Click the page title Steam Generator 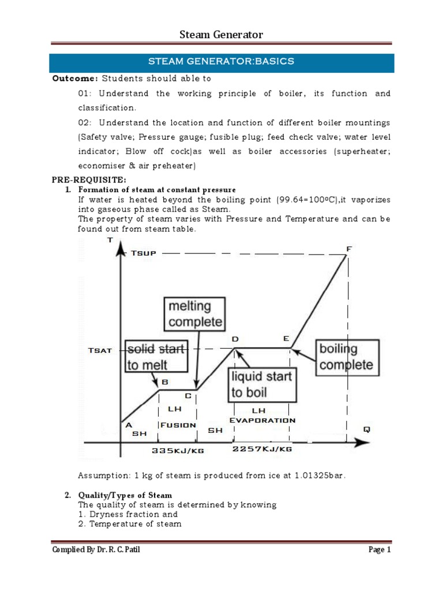(221, 35)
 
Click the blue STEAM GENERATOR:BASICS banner (221, 62)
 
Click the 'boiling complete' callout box (346, 357)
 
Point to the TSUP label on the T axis (144, 253)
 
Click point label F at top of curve (348, 248)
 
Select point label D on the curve (235, 339)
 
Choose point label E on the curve (286, 339)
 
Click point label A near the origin (129, 424)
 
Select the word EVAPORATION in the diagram (262, 420)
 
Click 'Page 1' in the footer (380, 549)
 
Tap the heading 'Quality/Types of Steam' (125, 495)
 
